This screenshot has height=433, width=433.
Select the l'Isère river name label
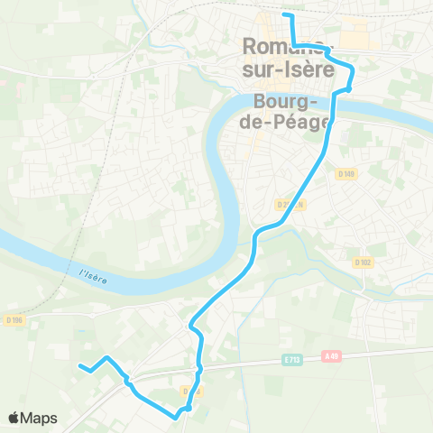pos(93,276)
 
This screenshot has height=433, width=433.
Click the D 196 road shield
pos(14,319)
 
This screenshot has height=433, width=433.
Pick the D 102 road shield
pos(364,263)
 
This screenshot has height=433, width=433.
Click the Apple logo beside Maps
pos(14,418)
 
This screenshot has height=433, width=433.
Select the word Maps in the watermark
pos(40,418)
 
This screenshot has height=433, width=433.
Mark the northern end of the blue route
pos(285,14)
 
